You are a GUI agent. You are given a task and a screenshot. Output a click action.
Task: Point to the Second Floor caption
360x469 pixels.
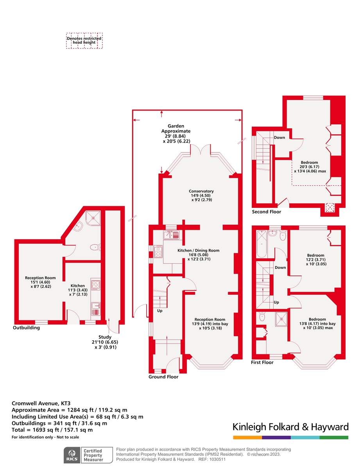click(x=266, y=212)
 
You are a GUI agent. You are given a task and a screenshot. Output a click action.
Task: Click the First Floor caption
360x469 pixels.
click(x=262, y=363)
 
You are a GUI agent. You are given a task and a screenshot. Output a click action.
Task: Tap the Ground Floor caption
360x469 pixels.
click(x=163, y=377)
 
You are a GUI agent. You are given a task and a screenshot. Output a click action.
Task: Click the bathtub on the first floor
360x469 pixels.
click(x=260, y=244)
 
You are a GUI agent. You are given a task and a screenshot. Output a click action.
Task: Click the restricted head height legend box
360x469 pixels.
click(x=84, y=41)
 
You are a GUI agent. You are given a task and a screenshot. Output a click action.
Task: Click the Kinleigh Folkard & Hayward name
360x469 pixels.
click(x=290, y=426)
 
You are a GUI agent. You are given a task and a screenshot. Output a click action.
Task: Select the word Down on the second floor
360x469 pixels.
click(x=279, y=138)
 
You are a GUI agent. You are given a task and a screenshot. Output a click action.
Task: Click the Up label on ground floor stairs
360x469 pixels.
click(x=159, y=311)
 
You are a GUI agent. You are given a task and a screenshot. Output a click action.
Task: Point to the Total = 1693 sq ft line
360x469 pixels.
click(x=52, y=430)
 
